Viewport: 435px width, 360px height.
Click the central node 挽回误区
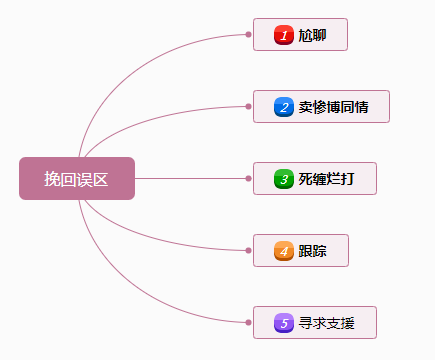click(76, 178)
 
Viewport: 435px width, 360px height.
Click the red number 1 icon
click(283, 35)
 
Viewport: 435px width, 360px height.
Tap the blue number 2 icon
click(283, 107)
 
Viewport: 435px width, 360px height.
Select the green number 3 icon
click(283, 179)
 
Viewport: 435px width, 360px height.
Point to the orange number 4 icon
click(283, 251)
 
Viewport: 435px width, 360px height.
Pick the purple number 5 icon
click(283, 323)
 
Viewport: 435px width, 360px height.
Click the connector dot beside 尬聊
click(248, 35)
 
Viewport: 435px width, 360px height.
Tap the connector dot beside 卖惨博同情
click(248, 106)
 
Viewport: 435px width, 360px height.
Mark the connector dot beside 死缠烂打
click(248, 178)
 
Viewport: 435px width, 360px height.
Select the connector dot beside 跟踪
click(248, 250)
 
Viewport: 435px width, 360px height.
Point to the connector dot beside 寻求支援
click(248, 322)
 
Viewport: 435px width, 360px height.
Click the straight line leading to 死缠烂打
click(190, 178)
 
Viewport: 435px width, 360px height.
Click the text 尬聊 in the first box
click(312, 35)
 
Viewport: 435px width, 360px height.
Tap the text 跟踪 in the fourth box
click(312, 251)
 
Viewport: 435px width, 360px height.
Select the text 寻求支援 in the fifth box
click(325, 323)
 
